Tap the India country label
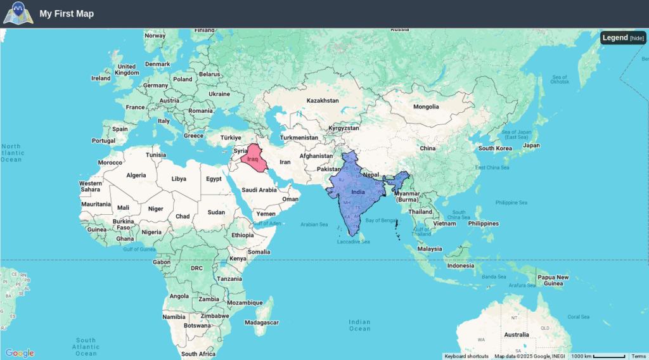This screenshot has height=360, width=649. pyautogui.click(x=357, y=192)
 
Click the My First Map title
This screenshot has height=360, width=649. pyautogui.click(x=67, y=13)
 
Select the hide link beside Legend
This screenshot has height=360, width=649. pyautogui.click(x=637, y=39)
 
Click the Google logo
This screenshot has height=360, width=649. pyautogui.click(x=19, y=353)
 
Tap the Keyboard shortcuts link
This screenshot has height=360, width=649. pyautogui.click(x=466, y=356)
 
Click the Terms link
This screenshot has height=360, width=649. pyautogui.click(x=639, y=356)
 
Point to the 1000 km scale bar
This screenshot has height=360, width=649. pyautogui.click(x=599, y=356)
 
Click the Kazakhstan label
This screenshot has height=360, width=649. pyautogui.click(x=323, y=101)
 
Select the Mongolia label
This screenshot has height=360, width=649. pyautogui.click(x=426, y=106)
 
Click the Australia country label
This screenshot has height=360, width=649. pyautogui.click(x=517, y=335)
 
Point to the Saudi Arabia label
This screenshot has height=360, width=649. pyautogui.click(x=259, y=190)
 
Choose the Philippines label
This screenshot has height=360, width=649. pyautogui.click(x=484, y=223)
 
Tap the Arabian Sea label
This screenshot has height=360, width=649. pyautogui.click(x=314, y=224)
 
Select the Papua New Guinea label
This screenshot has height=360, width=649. pyautogui.click(x=553, y=280)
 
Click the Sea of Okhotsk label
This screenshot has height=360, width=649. pyautogui.click(x=560, y=79)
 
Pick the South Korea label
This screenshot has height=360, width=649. pyautogui.click(x=495, y=148)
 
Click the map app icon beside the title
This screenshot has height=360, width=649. pyautogui.click(x=18, y=13)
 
